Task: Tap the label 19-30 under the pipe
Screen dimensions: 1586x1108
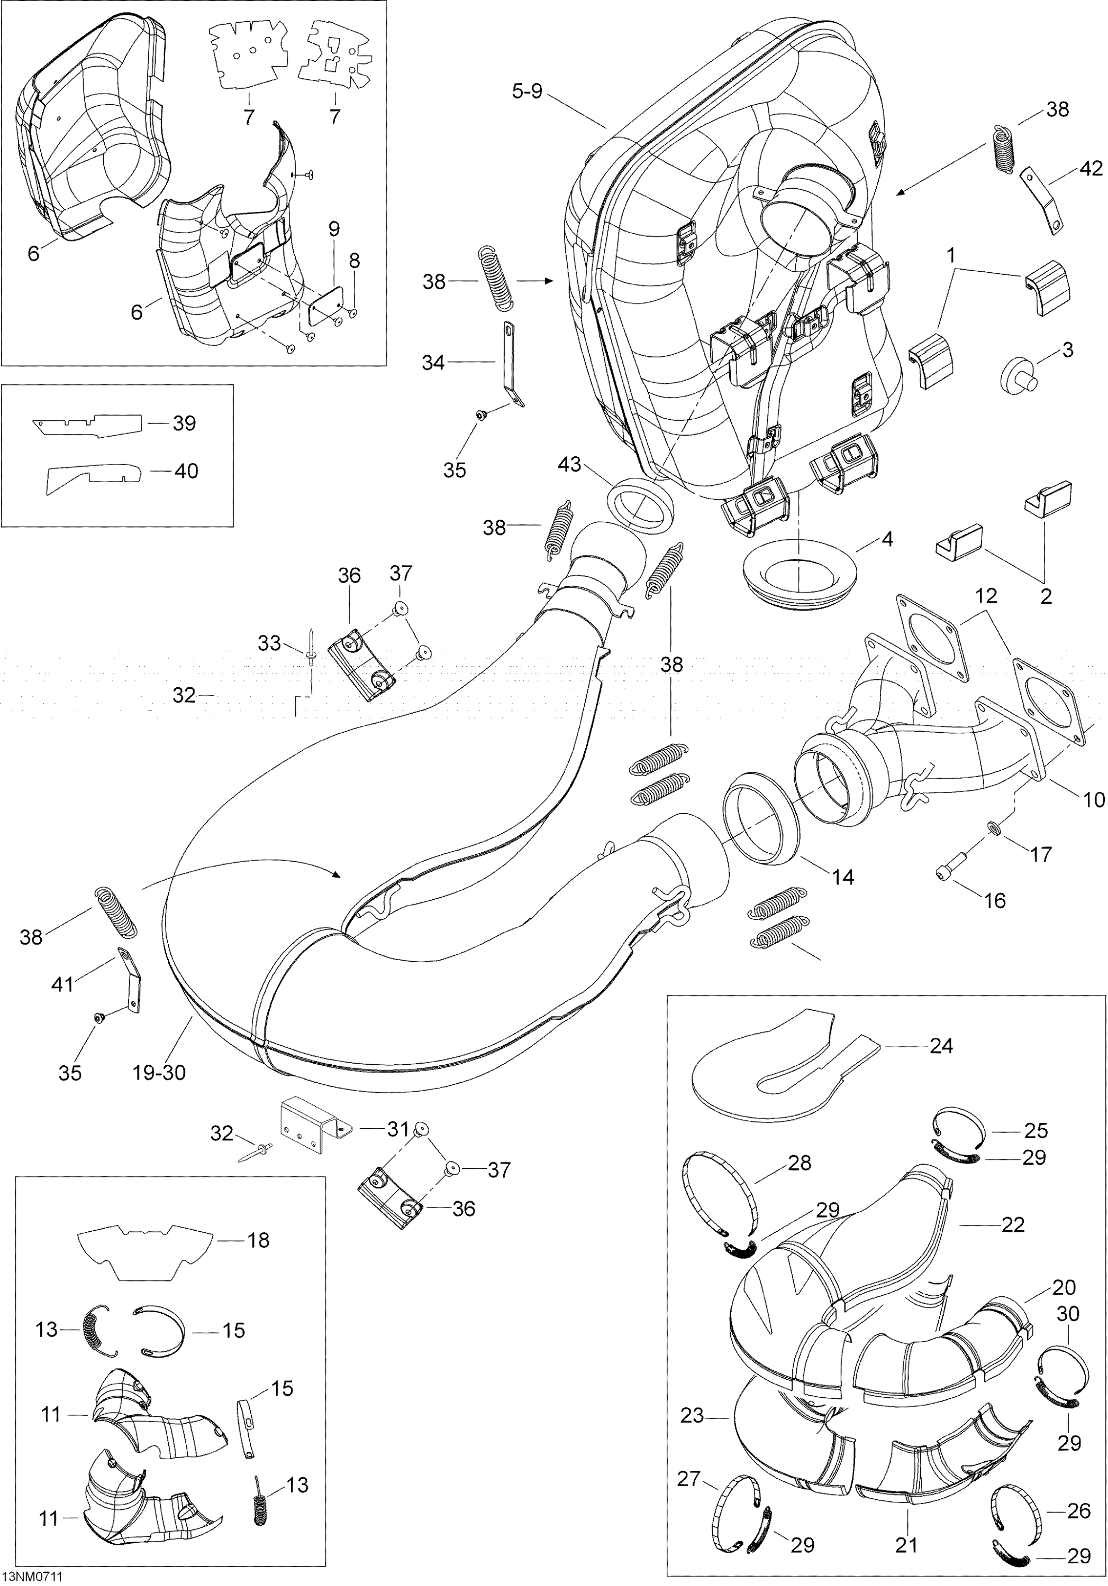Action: [x=159, y=1072]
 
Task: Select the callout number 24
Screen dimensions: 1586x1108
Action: [x=941, y=1047]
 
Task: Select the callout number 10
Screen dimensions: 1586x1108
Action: [x=1094, y=800]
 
